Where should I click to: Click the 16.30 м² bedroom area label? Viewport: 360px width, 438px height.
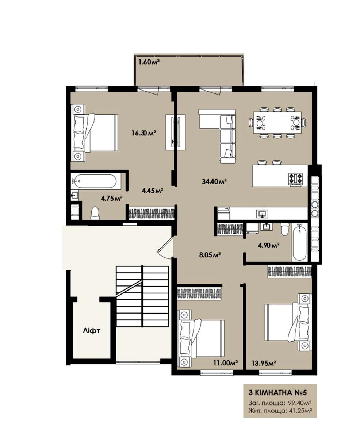tap(143, 133)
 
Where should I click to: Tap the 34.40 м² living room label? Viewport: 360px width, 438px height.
tap(214, 181)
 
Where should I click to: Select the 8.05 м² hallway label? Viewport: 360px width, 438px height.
tap(210, 255)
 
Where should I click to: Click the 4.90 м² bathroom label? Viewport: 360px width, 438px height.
tap(269, 246)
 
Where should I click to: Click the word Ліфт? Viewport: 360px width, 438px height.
tap(91, 330)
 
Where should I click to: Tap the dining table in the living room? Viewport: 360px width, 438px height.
tap(277, 123)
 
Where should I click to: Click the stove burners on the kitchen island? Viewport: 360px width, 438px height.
tap(295, 179)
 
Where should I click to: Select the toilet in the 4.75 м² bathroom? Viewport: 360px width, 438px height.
tap(95, 213)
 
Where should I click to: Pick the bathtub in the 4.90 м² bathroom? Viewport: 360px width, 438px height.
tap(299, 242)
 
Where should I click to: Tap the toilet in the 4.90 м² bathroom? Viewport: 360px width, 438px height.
tap(284, 229)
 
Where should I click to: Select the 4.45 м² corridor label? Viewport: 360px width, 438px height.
tap(152, 190)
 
